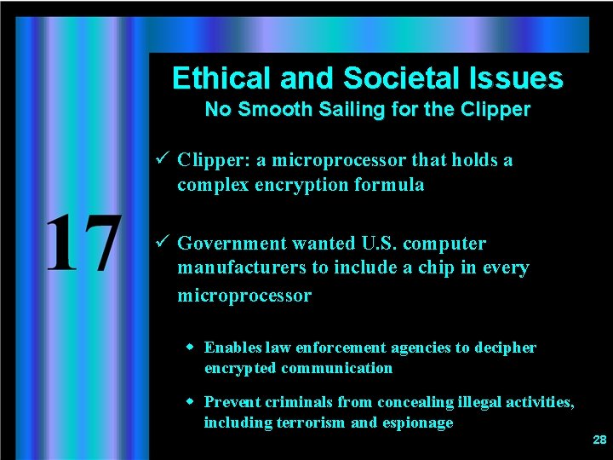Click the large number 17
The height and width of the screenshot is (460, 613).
82,244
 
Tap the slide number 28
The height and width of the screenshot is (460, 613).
599,440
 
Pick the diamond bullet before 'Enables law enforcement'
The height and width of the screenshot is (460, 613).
192,348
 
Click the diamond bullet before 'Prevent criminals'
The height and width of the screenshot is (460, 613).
192,401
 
